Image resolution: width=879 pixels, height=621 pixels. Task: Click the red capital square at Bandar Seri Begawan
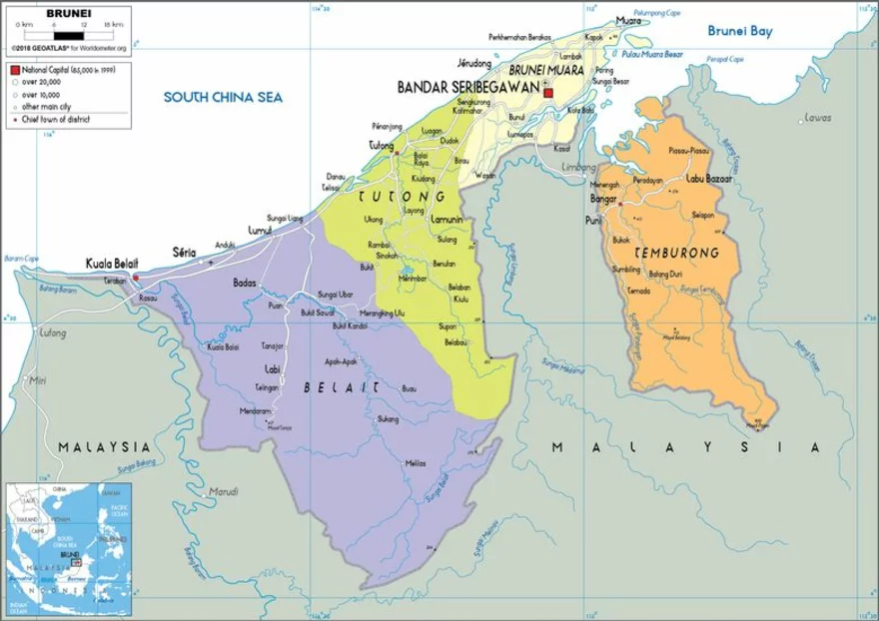(x=548, y=92)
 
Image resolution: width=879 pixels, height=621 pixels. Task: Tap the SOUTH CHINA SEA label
(x=224, y=97)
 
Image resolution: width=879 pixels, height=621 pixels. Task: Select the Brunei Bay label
(x=740, y=31)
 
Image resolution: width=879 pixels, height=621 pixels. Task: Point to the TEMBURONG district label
(x=676, y=253)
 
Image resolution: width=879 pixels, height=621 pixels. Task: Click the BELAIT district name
(x=342, y=386)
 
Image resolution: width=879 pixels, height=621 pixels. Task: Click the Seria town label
(x=184, y=251)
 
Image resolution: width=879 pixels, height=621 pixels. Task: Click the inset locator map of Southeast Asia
(x=68, y=548)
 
